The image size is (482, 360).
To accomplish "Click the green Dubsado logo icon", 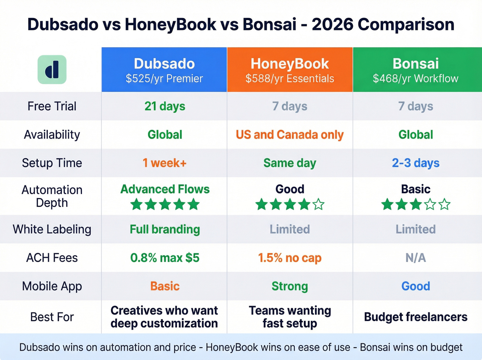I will pos(52,70).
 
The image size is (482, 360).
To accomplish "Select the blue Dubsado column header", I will pos(164,70).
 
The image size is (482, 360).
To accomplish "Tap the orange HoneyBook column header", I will pos(290,70).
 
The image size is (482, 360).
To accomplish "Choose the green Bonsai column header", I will pos(416,70).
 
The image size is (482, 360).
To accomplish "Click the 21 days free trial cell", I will pos(165,106).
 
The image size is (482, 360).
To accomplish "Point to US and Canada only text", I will pos(290,135).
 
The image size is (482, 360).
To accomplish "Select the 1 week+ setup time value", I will pos(165,163).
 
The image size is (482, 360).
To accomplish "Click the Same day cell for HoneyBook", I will pos(290,163).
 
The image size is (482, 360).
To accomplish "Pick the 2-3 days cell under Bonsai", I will pos(416,163).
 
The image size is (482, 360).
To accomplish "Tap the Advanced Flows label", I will pos(165,189).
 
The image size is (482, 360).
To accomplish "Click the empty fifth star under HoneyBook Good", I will pos(318,204).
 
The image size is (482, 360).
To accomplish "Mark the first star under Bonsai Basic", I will pos(387,204).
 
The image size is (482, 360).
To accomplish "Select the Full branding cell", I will pos(165,229).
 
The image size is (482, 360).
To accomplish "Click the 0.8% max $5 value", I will pos(165,258).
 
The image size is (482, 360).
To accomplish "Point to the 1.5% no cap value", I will pos(290,258).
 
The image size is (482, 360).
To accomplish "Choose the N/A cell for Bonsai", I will pos(416,258).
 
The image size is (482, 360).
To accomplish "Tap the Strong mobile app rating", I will pos(290,286).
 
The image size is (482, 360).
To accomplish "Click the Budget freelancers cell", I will pos(416,317).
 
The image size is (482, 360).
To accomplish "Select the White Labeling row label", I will pos(52,229).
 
